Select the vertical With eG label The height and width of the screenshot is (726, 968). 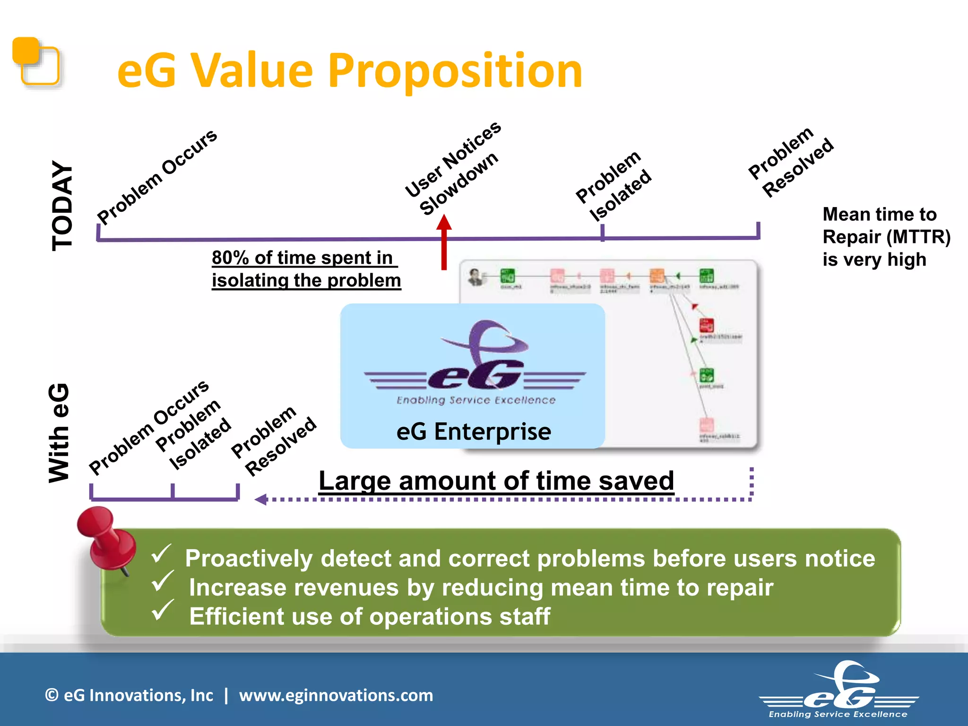(x=60, y=432)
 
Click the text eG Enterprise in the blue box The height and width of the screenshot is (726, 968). (x=474, y=431)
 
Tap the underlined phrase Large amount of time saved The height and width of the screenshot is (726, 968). (x=496, y=481)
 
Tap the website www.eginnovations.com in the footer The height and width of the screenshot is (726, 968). (x=336, y=695)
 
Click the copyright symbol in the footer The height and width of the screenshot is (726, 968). (x=52, y=695)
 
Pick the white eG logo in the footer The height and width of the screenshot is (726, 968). (x=839, y=690)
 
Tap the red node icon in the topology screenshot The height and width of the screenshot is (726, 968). (x=706, y=325)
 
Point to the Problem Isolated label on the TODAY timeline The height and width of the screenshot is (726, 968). (x=614, y=187)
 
